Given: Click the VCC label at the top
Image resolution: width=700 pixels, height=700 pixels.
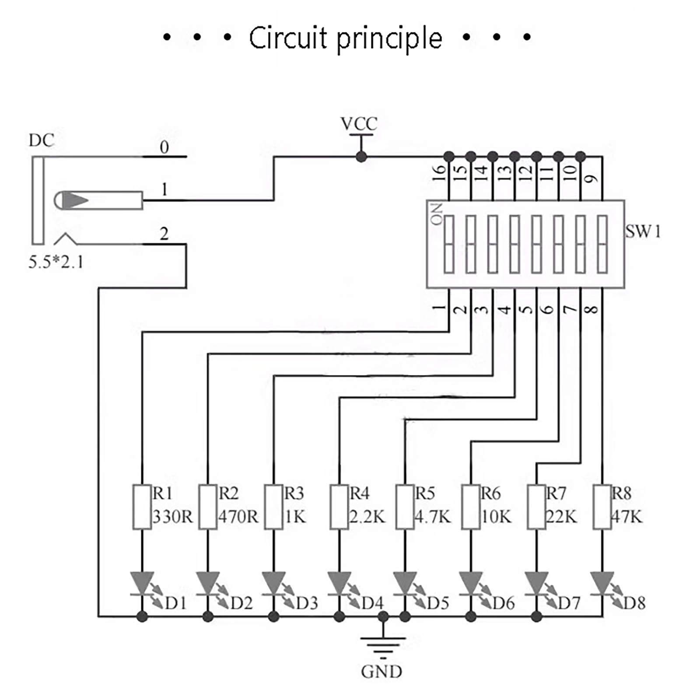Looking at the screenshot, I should click(x=359, y=124).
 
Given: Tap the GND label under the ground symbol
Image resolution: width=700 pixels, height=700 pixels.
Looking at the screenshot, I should click(x=381, y=672).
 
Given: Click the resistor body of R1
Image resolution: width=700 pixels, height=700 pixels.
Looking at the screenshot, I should click(x=142, y=507).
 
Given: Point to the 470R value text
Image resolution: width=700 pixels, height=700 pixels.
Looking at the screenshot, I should click(x=238, y=517).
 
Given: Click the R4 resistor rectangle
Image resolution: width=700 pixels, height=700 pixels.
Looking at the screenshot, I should click(x=339, y=507).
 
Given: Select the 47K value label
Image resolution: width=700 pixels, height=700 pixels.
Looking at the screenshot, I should click(x=626, y=517).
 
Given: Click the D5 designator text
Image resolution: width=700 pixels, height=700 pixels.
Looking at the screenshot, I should click(x=438, y=603).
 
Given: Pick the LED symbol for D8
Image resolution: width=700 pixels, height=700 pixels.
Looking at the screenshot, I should click(x=602, y=584).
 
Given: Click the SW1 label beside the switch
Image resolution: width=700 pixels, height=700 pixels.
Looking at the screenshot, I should click(x=643, y=231).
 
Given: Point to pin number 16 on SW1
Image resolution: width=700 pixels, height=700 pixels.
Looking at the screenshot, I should click(x=439, y=173).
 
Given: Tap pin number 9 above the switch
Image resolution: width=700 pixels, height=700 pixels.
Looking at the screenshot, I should click(x=591, y=178).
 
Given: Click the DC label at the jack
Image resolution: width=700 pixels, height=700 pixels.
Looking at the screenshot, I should click(x=42, y=140).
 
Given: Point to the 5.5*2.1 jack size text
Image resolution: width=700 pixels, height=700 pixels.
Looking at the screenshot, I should click(x=56, y=262).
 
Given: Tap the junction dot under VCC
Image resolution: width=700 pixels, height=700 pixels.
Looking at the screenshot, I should click(x=361, y=156).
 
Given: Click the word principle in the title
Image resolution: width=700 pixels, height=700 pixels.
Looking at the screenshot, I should click(x=389, y=38).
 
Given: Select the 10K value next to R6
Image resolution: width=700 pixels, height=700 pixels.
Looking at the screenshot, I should click(x=496, y=517).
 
